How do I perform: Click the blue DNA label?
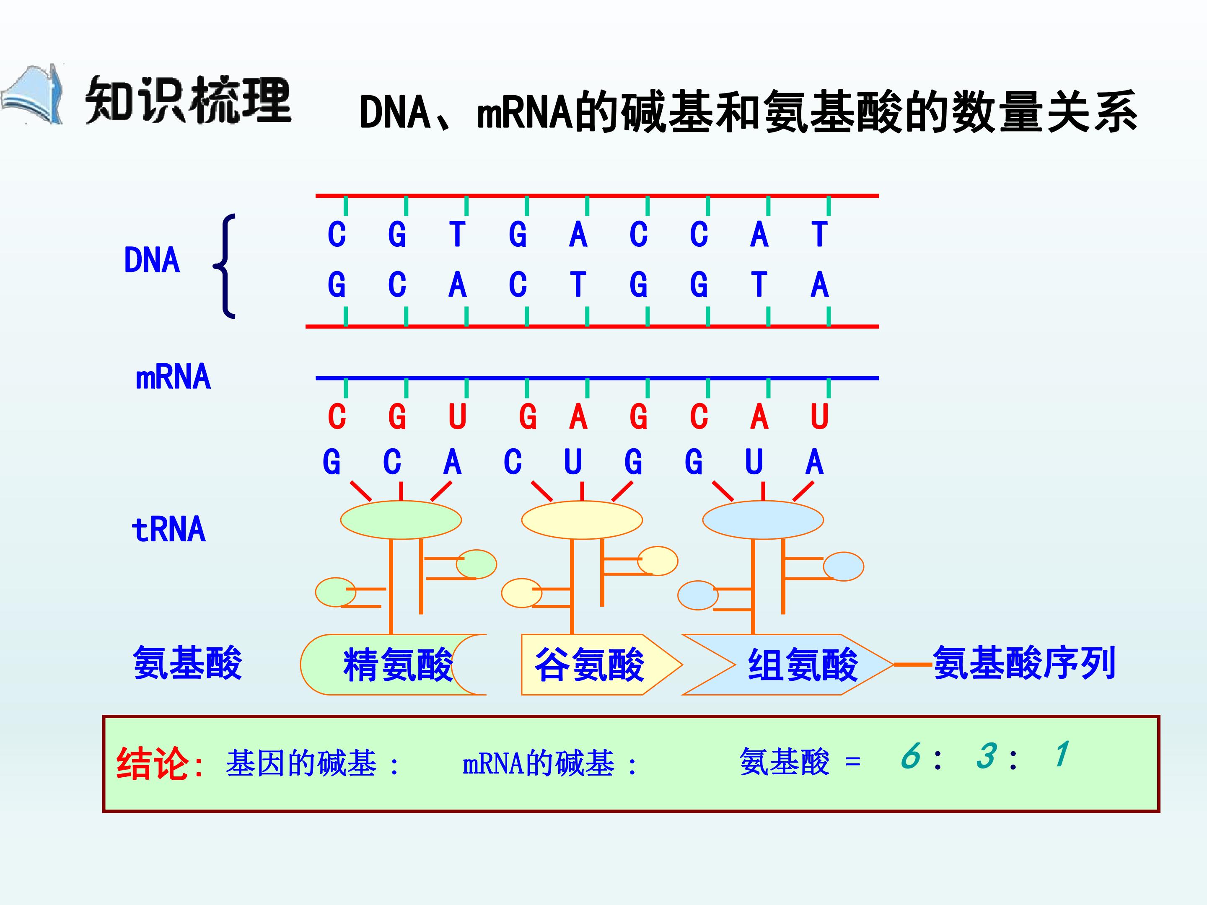[x=152, y=260]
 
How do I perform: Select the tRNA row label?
[x=168, y=529]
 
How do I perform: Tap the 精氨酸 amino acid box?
[x=393, y=665]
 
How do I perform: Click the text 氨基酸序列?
[x=1024, y=663]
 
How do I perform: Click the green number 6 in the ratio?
[x=910, y=756]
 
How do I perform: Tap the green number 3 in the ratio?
[x=986, y=756]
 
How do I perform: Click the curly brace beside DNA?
[x=225, y=266]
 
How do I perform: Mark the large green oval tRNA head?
[x=401, y=520]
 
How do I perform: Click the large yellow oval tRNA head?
[x=582, y=520]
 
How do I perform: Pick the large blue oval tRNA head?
[x=763, y=520]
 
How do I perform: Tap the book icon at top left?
[x=33, y=95]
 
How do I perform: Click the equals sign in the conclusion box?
[x=853, y=762]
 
